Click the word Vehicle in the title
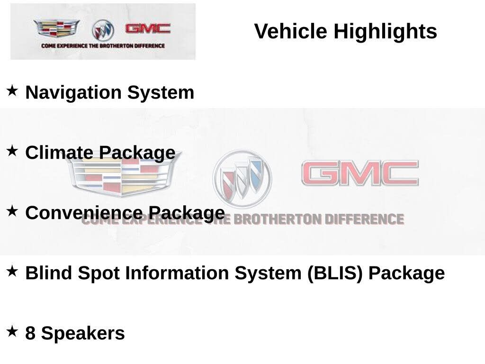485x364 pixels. (290, 31)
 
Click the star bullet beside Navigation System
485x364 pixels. (12, 91)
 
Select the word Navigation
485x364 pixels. (73, 93)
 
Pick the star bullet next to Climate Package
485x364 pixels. (12, 151)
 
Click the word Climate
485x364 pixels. (59, 153)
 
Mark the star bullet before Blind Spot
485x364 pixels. (12, 271)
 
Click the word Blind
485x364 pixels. (49, 273)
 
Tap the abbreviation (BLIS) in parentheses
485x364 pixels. (335, 273)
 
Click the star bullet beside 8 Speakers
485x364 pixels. (12, 331)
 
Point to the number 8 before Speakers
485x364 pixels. (30, 333)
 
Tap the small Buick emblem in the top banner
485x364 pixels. (103, 30)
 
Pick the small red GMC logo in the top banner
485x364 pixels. (148, 29)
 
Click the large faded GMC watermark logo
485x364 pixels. (360, 173)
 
